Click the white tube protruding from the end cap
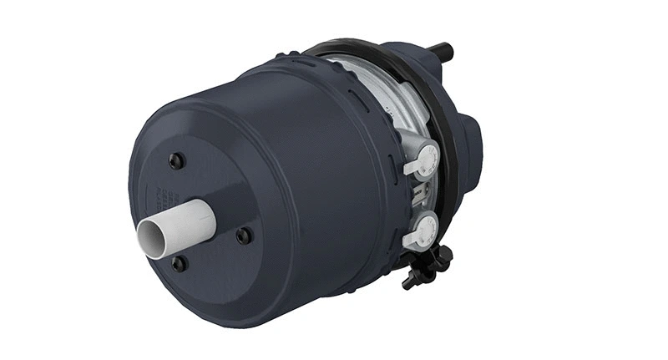(x=180, y=226)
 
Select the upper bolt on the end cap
(x=174, y=161)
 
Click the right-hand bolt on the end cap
(x=243, y=236)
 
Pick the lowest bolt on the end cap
(x=178, y=264)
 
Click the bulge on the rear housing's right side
(x=474, y=134)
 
